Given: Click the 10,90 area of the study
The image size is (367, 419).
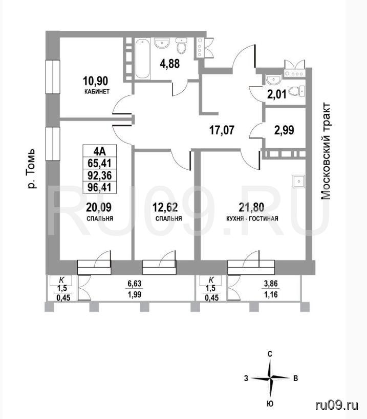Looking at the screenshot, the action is click(95, 80).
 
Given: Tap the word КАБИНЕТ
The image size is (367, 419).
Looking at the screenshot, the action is click(97, 92).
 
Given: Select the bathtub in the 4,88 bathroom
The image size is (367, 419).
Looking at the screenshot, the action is click(142, 59).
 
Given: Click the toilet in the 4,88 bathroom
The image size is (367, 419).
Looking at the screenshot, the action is click(182, 46).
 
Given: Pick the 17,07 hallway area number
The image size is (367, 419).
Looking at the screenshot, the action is click(222, 130).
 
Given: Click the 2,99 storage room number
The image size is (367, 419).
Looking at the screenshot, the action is click(284, 130).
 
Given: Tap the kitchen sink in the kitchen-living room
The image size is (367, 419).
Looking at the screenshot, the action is click(298, 182).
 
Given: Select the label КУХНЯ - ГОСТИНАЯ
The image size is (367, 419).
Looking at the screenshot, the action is click(252, 218).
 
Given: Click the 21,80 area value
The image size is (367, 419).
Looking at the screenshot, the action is click(251, 207).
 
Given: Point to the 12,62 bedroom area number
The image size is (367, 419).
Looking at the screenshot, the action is click(165, 207).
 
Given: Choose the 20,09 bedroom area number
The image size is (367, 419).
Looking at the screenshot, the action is click(99, 207).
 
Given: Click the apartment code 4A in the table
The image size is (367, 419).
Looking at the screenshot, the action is click(100, 151).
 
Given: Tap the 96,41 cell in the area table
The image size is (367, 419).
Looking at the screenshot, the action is click(99, 187).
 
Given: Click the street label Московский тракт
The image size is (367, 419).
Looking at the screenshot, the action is click(325, 151).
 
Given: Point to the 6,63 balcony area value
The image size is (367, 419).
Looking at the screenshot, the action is click(135, 284).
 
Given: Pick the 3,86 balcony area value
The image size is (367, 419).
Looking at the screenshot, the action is click(271, 284).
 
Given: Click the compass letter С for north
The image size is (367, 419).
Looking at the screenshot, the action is click(270, 354).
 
